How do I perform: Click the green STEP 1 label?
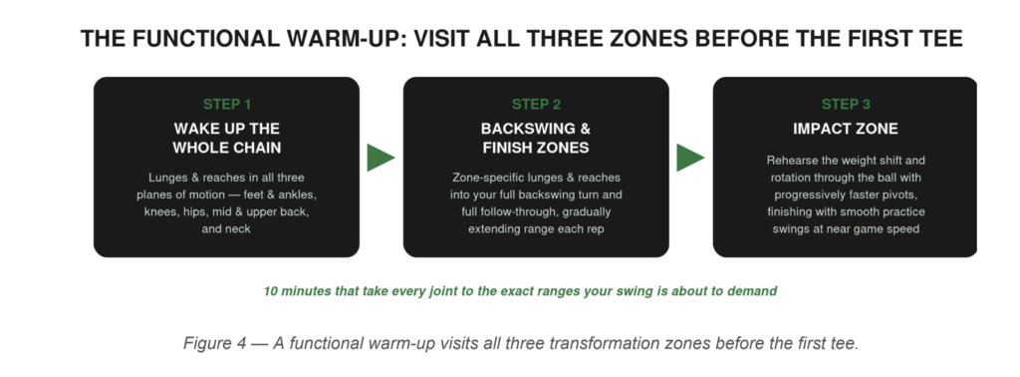pyautogui.click(x=227, y=104)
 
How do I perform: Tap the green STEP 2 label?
pyautogui.click(x=536, y=104)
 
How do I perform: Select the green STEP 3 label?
pyautogui.click(x=846, y=104)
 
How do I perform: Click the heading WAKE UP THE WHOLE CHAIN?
pyautogui.click(x=226, y=138)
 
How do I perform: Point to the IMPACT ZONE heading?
pyautogui.click(x=846, y=129)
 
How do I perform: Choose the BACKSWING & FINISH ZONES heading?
pyautogui.click(x=536, y=138)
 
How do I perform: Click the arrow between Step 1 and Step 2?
pyautogui.click(x=382, y=158)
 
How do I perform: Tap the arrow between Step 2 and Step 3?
pyautogui.click(x=691, y=158)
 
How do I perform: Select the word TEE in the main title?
pyautogui.click(x=937, y=39)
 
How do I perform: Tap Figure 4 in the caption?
pyautogui.click(x=215, y=343)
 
